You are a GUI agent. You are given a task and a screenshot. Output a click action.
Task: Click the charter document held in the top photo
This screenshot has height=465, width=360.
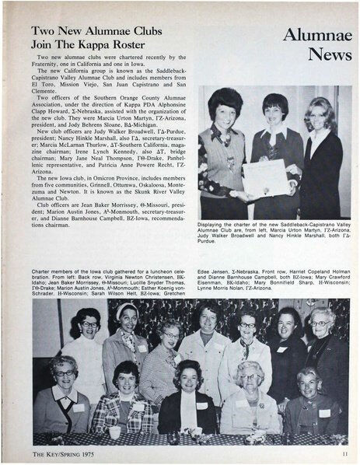click(264, 177)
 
